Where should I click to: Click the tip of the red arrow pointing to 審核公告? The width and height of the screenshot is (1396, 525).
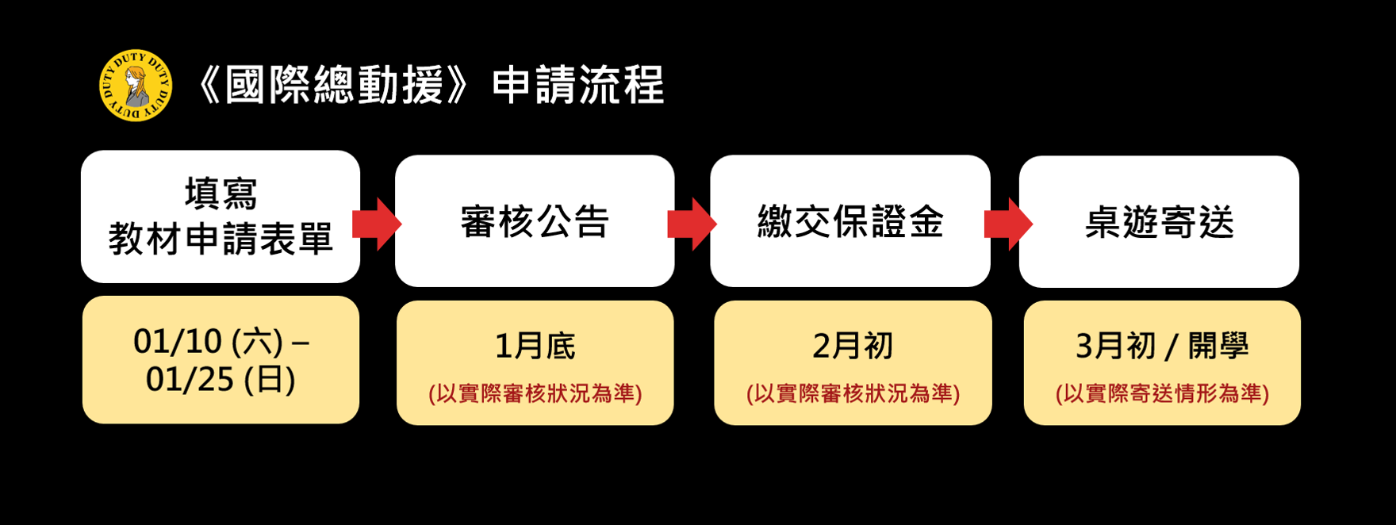pyautogui.click(x=402, y=224)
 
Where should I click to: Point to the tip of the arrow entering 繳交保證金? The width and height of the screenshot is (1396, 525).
pyautogui.click(x=717, y=224)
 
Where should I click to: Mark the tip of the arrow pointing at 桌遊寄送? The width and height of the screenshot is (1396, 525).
pyautogui.click(x=1033, y=224)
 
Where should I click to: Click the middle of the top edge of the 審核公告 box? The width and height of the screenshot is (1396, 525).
pyautogui.click(x=535, y=155)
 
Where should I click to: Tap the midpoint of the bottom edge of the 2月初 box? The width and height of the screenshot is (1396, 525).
pyautogui.click(x=853, y=424)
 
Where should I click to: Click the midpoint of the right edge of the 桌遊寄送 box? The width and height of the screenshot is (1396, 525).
pyautogui.click(x=1299, y=221)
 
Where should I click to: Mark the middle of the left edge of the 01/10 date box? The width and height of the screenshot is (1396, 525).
pyautogui.click(x=82, y=359)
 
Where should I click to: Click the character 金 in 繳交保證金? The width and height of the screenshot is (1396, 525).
pyautogui.click(x=926, y=222)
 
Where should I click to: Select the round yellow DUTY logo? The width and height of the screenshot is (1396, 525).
pyautogui.click(x=136, y=85)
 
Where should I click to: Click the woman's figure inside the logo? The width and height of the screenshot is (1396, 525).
pyautogui.click(x=136, y=86)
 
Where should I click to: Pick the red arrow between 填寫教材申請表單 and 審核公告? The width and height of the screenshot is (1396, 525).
pyautogui.click(x=377, y=224)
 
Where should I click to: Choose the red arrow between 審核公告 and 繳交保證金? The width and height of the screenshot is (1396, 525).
pyautogui.click(x=692, y=224)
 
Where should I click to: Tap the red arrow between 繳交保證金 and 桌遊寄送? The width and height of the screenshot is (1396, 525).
pyautogui.click(x=1008, y=224)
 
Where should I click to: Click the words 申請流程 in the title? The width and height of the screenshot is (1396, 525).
pyautogui.click(x=577, y=85)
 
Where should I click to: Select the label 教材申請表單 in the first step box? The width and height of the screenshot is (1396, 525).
pyautogui.click(x=221, y=238)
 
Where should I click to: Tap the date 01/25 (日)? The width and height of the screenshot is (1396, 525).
pyautogui.click(x=221, y=379)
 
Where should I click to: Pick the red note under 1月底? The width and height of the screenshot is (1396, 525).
pyautogui.click(x=535, y=393)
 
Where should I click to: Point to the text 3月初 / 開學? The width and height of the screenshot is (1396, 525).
pyautogui.click(x=1162, y=346)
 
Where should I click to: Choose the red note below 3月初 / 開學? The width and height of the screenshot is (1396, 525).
pyautogui.click(x=1162, y=393)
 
